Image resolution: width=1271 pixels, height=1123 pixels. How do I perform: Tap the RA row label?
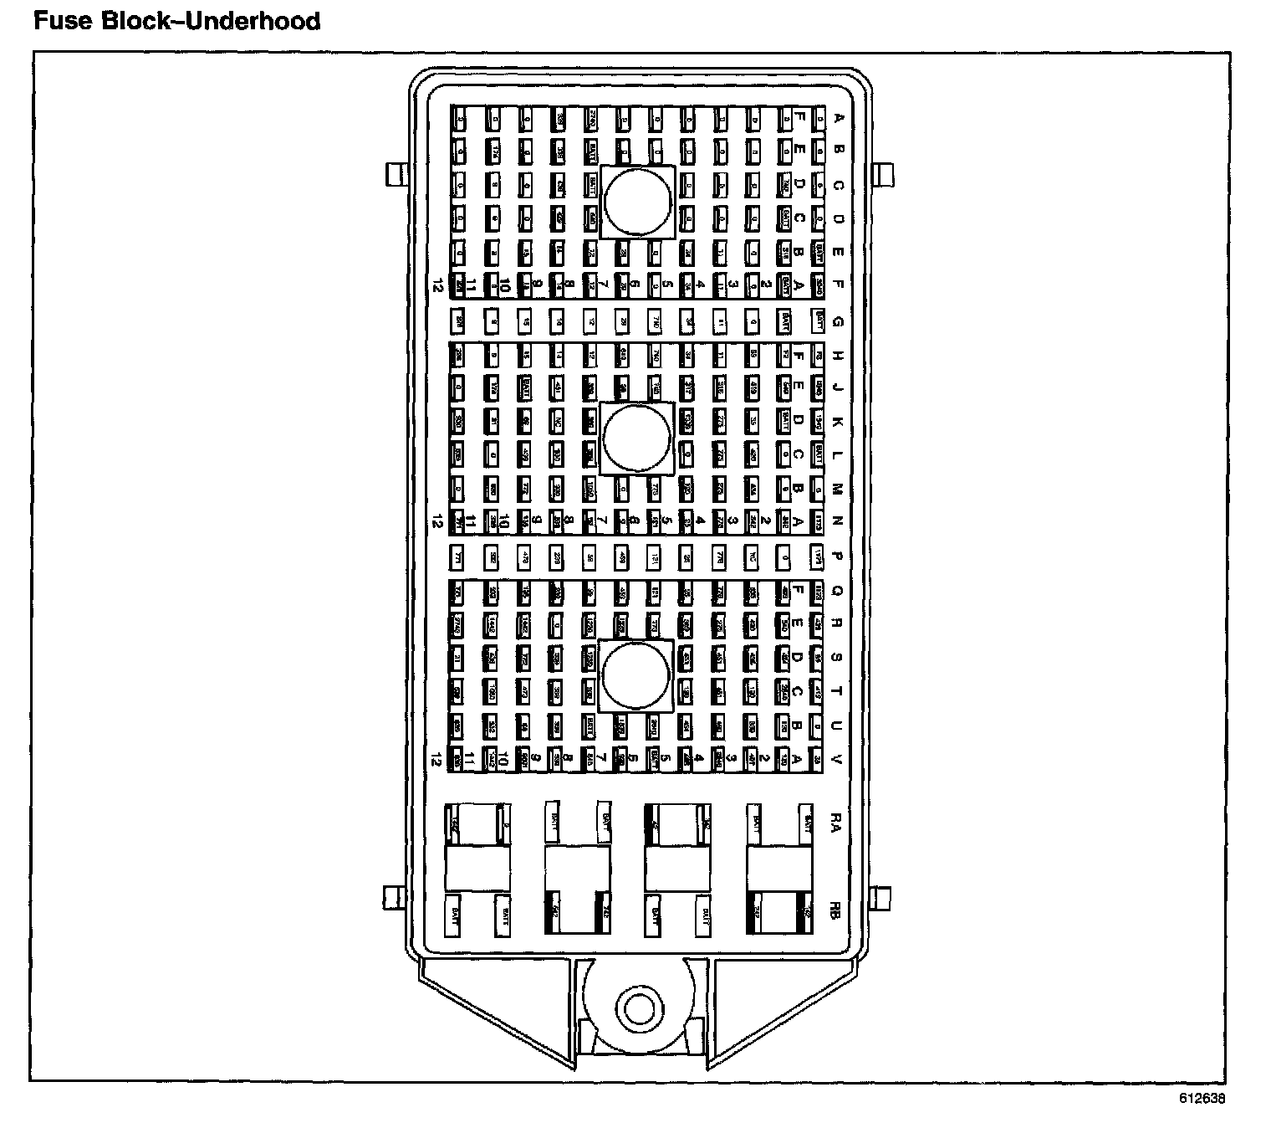pos(835,826)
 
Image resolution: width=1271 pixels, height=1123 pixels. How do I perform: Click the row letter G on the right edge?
pos(838,320)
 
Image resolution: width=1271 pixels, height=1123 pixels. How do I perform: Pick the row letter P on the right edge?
pos(838,556)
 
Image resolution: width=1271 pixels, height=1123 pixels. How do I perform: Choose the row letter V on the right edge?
pos(838,758)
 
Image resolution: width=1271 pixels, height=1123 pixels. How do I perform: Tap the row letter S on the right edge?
pos(838,657)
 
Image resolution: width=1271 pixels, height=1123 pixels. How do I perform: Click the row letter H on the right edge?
pos(838,356)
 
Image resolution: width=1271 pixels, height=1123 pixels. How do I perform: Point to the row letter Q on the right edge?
pos(838,589)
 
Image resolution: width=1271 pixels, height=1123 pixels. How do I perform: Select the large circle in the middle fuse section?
pos(637,437)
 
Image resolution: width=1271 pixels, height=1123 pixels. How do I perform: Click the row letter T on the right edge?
pos(838,690)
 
